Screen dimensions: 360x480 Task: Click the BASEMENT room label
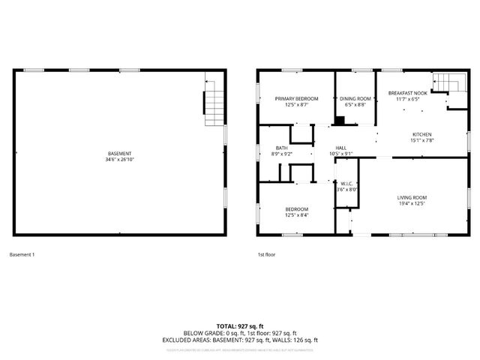pyautogui.click(x=119, y=154)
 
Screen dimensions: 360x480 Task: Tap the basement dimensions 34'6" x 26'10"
pyautogui.click(x=119, y=160)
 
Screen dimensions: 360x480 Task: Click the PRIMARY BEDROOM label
pyautogui.click(x=296, y=98)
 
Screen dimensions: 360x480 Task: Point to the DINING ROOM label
pyautogui.click(x=355, y=98)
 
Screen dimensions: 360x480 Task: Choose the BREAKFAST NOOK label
pyautogui.click(x=407, y=93)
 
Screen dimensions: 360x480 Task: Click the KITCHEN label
pyautogui.click(x=422, y=135)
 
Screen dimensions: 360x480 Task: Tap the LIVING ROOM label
pyautogui.click(x=411, y=197)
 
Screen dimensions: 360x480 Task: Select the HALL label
pyautogui.click(x=340, y=148)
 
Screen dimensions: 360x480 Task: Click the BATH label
pyautogui.click(x=281, y=148)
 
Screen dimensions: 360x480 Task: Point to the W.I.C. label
pyautogui.click(x=346, y=184)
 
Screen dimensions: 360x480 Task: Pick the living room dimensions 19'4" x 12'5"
pyautogui.click(x=411, y=203)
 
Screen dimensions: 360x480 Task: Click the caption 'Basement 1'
pyautogui.click(x=22, y=255)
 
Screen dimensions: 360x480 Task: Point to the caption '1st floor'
pyautogui.click(x=266, y=255)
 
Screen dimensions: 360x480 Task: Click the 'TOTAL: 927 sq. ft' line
pyautogui.click(x=240, y=326)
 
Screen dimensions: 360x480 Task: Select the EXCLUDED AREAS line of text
pyautogui.click(x=240, y=340)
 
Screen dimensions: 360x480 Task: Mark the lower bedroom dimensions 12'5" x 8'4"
pyautogui.click(x=296, y=215)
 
